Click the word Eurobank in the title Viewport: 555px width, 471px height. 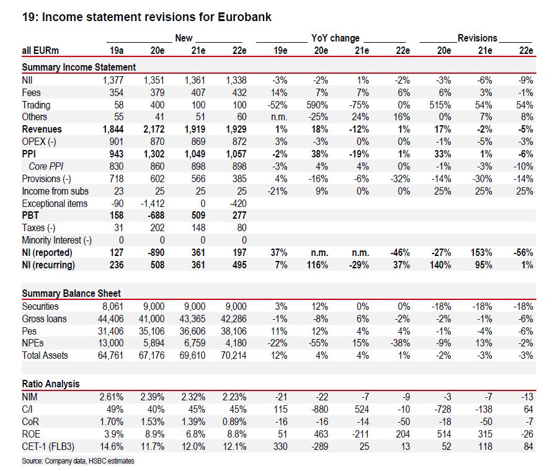[x=244, y=17]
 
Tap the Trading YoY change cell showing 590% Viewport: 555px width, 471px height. [x=317, y=105]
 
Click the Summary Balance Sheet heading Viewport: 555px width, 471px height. [x=71, y=294]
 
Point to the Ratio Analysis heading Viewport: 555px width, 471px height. [x=50, y=384]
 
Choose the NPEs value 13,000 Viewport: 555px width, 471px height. [x=112, y=343]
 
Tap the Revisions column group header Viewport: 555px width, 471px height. [x=477, y=38]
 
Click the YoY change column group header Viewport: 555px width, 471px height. [x=335, y=38]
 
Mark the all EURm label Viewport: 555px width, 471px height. [x=41, y=51]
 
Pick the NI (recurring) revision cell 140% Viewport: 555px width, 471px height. [x=439, y=265]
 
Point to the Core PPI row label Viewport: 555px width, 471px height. [x=48, y=166]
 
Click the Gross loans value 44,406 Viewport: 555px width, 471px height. [x=112, y=319]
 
